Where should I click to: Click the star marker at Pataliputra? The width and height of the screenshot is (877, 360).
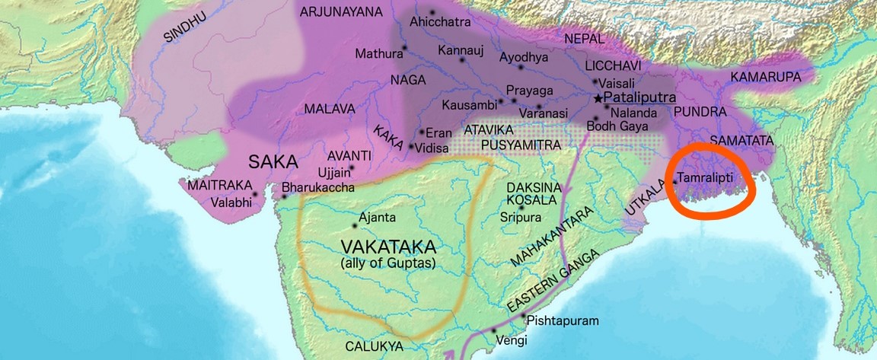(x=598, y=98)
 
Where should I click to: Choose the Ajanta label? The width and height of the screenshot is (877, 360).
(x=377, y=218)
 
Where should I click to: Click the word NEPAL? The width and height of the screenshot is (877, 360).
(x=585, y=39)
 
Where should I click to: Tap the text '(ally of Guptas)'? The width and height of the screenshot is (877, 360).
(x=389, y=263)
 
